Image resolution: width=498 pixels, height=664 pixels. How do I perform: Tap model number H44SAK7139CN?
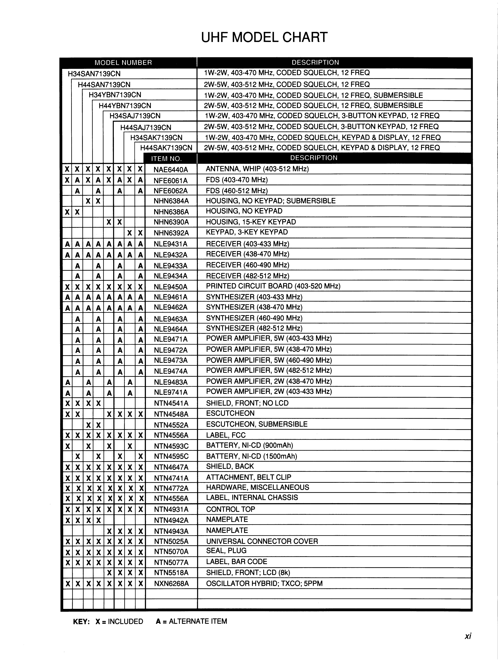coord(166,148)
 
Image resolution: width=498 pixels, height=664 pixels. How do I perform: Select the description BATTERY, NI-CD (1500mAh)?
coord(251,456)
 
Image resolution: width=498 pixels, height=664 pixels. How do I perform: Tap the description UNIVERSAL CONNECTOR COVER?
coord(262,541)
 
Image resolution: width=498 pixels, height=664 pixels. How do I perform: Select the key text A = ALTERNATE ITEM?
coord(191,621)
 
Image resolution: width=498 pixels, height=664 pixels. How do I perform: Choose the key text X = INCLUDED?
coord(119,621)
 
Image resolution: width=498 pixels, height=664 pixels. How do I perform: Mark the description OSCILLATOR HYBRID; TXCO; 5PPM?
coord(264,584)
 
